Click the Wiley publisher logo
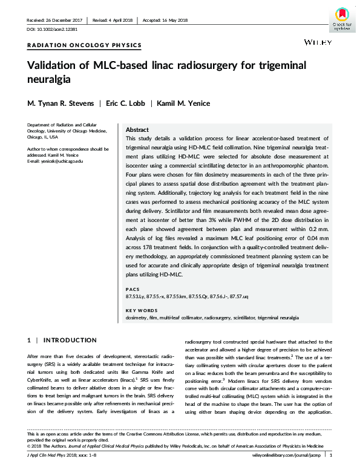tap(318, 44)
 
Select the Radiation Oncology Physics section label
tap(85, 45)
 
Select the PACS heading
tap(132, 289)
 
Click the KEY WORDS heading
tap(139, 311)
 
